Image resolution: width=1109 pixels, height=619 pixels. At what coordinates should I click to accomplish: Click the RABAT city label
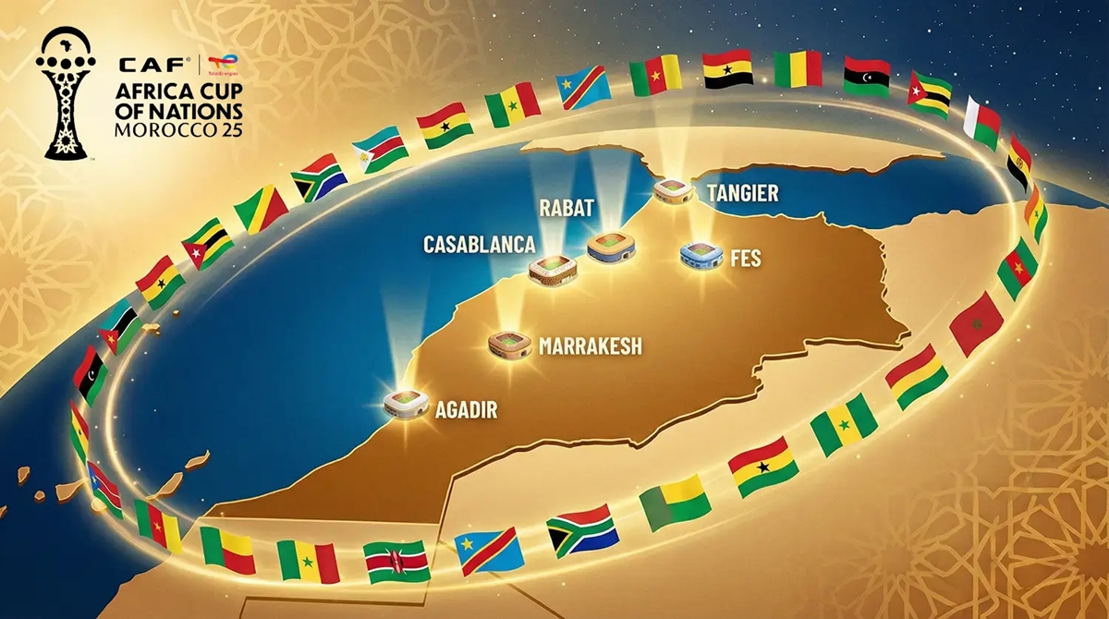coord(567,207)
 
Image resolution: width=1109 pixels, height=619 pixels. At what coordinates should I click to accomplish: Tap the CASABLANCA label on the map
coord(479,245)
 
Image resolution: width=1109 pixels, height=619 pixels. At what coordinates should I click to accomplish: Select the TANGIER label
coord(742,193)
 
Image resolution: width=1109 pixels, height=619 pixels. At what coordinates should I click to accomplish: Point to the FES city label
coord(745,258)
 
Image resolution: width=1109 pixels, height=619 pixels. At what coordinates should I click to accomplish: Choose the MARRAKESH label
coord(590,347)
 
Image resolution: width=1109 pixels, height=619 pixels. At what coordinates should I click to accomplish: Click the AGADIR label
coord(466,409)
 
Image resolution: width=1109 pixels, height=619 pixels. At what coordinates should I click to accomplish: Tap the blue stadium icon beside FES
coord(701,254)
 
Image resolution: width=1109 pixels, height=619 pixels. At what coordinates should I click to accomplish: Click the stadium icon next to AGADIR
coord(406,403)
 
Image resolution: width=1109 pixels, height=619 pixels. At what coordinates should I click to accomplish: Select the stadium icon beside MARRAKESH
coord(509,345)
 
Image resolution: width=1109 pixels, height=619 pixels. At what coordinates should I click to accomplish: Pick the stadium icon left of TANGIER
coord(673,191)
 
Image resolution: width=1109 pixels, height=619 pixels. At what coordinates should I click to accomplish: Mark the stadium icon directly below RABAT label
coord(612,245)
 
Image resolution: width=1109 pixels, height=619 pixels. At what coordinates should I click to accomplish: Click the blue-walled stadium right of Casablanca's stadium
coord(612,245)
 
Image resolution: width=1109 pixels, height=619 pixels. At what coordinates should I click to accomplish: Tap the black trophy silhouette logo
coord(65,92)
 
